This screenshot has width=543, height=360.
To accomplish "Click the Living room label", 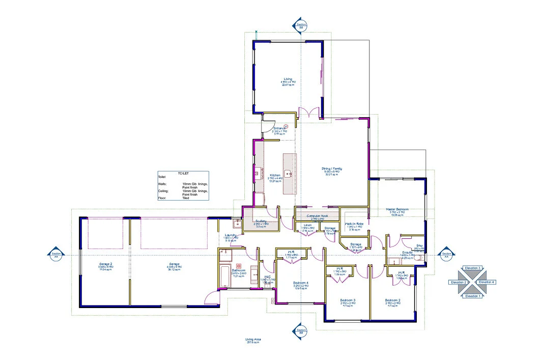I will tap(288, 79).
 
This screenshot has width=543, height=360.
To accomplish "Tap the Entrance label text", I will tap(279, 128).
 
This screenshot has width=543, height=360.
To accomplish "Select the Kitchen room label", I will tap(275, 176).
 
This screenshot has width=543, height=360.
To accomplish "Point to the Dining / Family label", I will tap(331, 169).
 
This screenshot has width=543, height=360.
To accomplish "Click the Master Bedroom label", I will tap(397, 209).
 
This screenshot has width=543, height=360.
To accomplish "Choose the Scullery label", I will tap(261, 221).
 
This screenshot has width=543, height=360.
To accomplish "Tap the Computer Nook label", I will tap(316, 216).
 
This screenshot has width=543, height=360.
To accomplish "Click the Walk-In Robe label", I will tap(354, 224).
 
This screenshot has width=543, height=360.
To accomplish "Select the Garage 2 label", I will tap(105, 264).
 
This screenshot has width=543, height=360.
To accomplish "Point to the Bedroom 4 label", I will tap(301, 283).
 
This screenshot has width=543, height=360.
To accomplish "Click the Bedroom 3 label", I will tap(348, 300).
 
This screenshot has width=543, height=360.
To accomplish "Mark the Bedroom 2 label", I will tap(392, 300).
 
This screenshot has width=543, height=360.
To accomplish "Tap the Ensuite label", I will tap(407, 252).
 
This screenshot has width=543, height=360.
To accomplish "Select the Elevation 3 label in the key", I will tap(473, 268).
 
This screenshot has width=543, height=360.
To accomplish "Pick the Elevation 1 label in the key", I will tap(473, 296).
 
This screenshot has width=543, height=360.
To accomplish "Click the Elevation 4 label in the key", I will tap(487, 282).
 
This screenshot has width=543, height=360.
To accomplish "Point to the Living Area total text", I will tap(253, 339).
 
